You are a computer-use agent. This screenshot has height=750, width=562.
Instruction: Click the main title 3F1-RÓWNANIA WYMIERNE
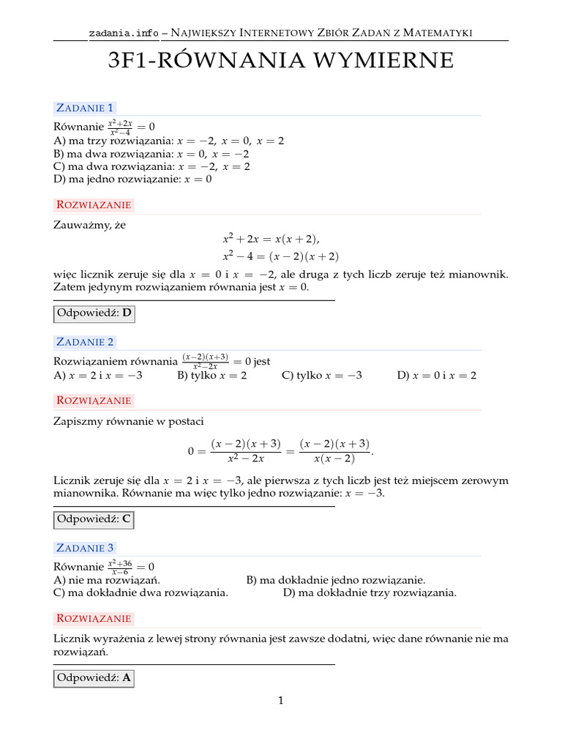(280, 61)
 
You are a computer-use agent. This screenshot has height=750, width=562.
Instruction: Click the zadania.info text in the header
(123, 32)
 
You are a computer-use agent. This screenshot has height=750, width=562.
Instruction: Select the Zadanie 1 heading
(85, 108)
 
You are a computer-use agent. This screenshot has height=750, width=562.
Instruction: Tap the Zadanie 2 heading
(85, 342)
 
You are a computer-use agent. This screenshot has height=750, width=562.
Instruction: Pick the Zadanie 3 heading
(85, 548)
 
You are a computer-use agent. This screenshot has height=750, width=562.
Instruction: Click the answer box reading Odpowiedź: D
(94, 314)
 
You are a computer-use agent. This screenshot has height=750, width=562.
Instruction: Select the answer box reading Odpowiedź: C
(94, 520)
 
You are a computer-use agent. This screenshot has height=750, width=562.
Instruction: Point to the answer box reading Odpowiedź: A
(94, 678)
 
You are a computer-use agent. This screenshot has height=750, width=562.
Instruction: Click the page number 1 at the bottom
(280, 701)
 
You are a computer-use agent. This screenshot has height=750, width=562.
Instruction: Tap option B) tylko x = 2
(212, 375)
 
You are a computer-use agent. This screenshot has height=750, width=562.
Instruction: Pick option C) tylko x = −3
(322, 375)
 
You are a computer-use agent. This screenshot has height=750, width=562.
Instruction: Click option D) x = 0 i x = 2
(437, 375)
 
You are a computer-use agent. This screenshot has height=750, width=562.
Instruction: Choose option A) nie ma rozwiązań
(107, 580)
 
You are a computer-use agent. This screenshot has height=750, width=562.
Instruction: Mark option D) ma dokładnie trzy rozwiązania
(370, 593)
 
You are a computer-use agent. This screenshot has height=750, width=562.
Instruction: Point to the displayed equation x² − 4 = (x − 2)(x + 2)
(281, 256)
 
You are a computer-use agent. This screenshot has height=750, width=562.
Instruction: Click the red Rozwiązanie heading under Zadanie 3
(94, 617)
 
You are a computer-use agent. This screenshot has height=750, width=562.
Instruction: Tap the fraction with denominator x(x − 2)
(334, 451)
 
